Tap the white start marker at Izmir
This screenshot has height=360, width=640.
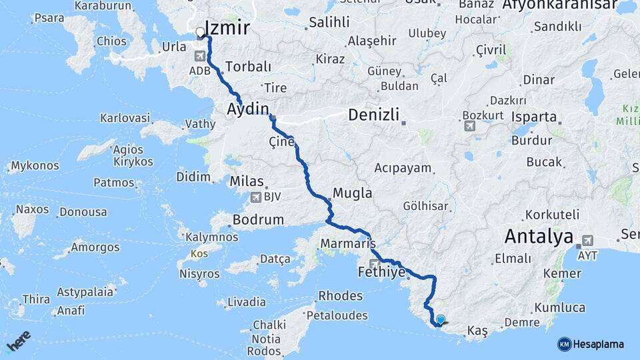click(x=199, y=32)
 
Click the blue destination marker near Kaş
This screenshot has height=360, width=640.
click(x=440, y=320)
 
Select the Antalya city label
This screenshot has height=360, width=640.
click(x=539, y=236)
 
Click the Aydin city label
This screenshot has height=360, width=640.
click(x=248, y=109)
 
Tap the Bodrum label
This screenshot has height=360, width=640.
click(x=256, y=219)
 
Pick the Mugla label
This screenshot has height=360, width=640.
click(x=353, y=193)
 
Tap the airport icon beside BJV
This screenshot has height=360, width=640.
click(x=255, y=197)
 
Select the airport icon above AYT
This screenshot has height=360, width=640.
click(x=587, y=240)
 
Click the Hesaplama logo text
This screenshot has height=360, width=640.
click(x=598, y=344)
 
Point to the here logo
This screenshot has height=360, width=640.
click(x=18, y=341)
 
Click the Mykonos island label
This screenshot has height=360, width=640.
click(x=35, y=165)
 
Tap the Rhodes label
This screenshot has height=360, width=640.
click(x=340, y=295)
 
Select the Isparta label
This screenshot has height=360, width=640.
click(x=534, y=117)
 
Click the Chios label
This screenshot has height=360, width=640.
click(x=111, y=41)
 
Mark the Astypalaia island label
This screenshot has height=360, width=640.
click(x=83, y=292)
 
